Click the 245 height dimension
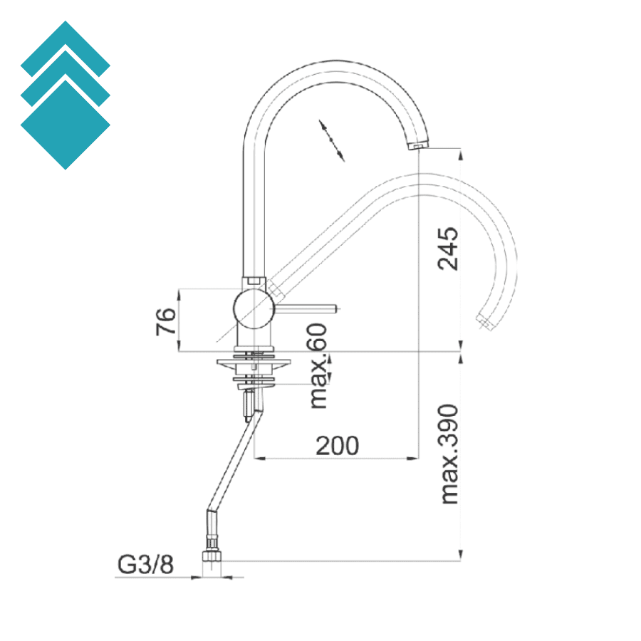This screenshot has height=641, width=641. tap(448, 249)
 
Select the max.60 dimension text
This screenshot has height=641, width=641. tap(319, 366)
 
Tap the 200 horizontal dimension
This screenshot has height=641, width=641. tap(338, 446)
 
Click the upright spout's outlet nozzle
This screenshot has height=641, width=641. tap(417, 145)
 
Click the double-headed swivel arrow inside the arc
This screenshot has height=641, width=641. tap(331, 140)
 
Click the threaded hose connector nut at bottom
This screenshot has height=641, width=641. tap(212, 554)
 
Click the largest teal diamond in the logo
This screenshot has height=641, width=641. tap(66, 125)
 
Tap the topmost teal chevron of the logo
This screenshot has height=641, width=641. tap(66, 47)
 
